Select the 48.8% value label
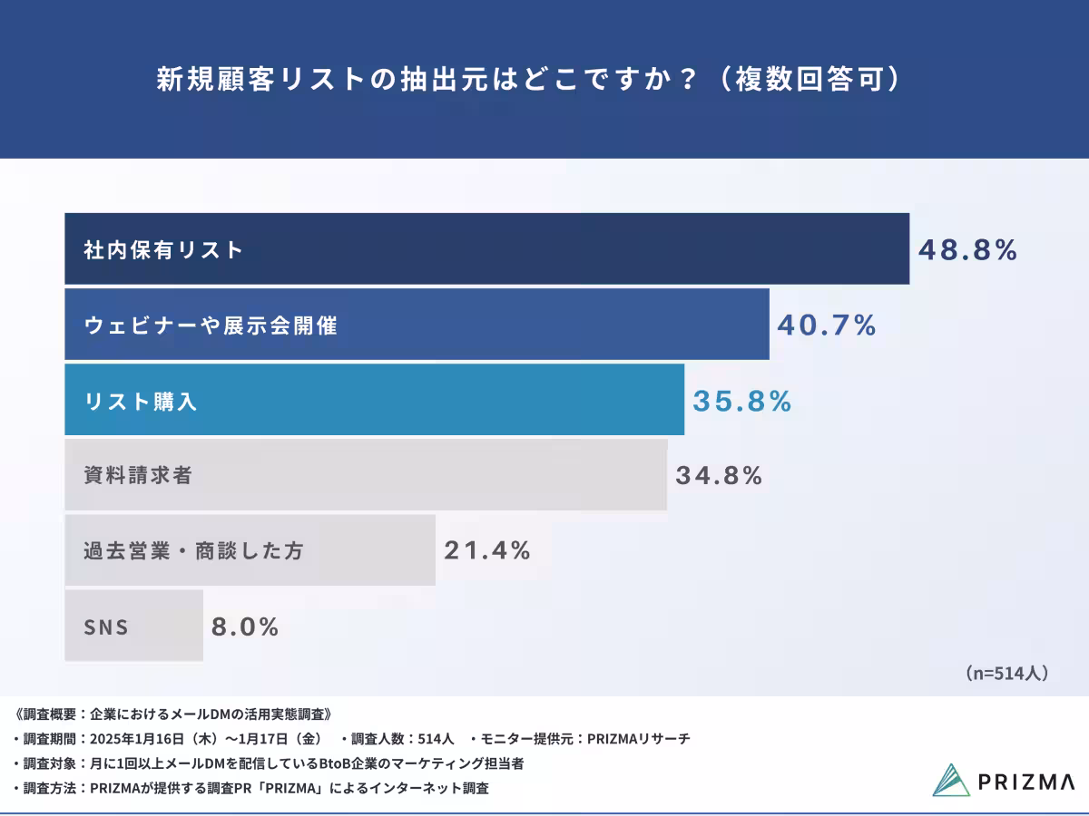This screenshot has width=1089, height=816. [967, 250]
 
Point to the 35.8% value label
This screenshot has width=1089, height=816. [742, 401]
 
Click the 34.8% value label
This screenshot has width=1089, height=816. [718, 475]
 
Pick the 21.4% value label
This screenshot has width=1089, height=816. [486, 550]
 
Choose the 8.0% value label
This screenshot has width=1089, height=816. [245, 627]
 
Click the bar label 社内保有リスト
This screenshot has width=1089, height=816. [164, 250]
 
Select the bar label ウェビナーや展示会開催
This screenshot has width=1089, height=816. [211, 325]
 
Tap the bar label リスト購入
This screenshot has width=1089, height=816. [141, 402]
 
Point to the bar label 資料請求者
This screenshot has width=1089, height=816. [138, 475]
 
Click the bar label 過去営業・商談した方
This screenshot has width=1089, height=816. [192, 550]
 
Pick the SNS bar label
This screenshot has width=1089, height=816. [106, 627]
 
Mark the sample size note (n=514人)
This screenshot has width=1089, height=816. [1007, 673]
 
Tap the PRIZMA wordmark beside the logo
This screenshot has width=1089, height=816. [1026, 782]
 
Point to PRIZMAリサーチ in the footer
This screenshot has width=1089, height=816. [638, 739]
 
